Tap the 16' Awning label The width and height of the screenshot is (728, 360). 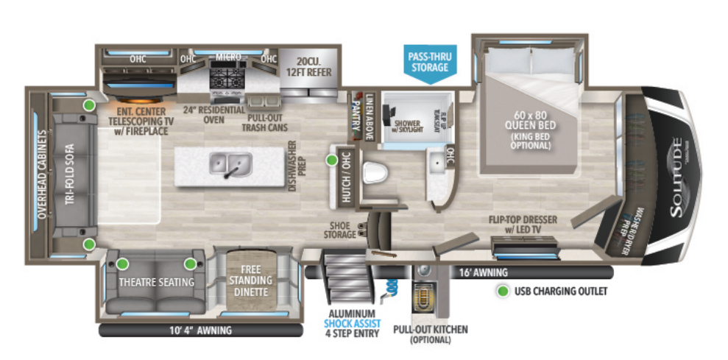coord(473,272)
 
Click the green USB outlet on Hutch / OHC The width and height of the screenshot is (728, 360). coord(332,158)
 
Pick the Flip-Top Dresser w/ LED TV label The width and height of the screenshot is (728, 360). coord(524,226)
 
